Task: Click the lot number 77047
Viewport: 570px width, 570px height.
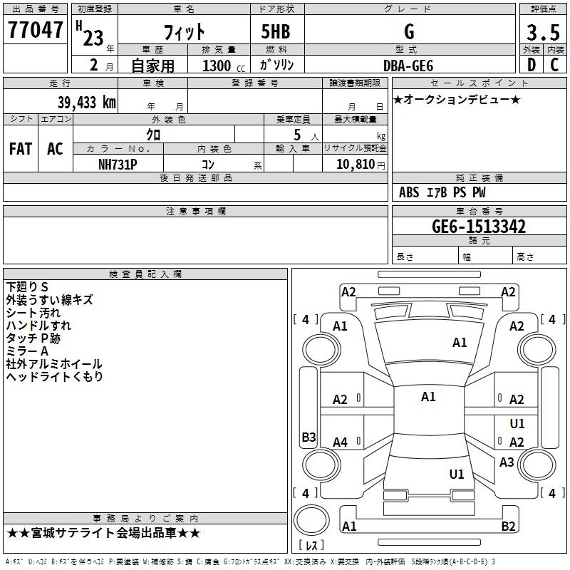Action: (x=35, y=30)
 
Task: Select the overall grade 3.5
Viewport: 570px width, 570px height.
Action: (x=543, y=32)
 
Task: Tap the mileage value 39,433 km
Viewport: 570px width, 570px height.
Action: (x=86, y=103)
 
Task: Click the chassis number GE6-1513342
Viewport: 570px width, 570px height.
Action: (x=479, y=227)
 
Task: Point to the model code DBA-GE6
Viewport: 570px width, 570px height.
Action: (x=408, y=66)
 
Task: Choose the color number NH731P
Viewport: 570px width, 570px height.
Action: (x=118, y=165)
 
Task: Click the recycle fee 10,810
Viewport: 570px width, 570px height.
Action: (x=355, y=165)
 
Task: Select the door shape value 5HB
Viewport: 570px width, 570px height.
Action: (x=276, y=31)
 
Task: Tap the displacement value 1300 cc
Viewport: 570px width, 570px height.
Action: (x=224, y=66)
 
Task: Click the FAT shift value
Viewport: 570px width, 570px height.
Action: (x=21, y=149)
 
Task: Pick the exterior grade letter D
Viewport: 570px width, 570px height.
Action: (x=532, y=65)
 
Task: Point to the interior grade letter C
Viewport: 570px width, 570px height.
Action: (x=554, y=65)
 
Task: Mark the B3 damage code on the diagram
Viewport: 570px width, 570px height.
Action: (x=309, y=437)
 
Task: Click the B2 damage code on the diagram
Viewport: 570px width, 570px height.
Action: (x=508, y=526)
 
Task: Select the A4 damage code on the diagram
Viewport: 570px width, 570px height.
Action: (x=340, y=442)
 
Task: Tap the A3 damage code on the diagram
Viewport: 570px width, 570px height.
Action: (x=507, y=462)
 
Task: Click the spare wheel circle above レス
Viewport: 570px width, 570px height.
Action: (x=311, y=520)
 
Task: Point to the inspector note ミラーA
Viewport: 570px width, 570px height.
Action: (x=27, y=351)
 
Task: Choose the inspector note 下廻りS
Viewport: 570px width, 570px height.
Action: (x=27, y=287)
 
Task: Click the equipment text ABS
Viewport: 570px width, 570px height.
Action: (x=409, y=192)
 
